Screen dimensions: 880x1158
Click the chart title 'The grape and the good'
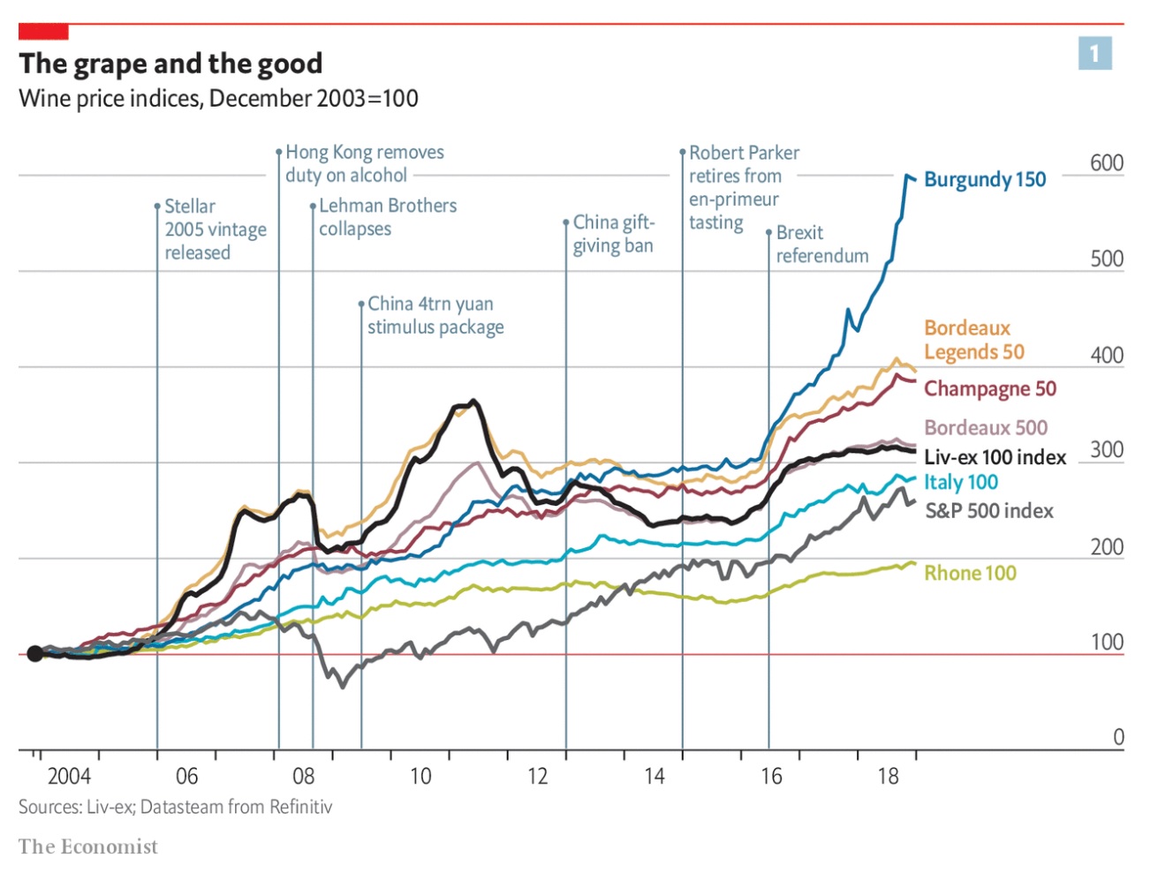pyautogui.click(x=170, y=64)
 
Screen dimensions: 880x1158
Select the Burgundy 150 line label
pyautogui.click(x=984, y=179)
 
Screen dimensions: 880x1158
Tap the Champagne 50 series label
pyautogui.click(x=989, y=388)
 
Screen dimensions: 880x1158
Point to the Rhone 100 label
pyautogui.click(x=970, y=573)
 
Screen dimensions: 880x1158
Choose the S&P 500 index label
pyautogui.click(x=988, y=510)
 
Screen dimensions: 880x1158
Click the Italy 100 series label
pyautogui.click(x=960, y=482)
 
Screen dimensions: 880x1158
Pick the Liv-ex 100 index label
pyautogui.click(x=995, y=457)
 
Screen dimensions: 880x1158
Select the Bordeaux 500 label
pyautogui.click(x=985, y=428)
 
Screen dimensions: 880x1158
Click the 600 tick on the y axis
pyautogui.click(x=1106, y=163)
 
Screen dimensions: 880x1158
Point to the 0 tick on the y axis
pyautogui.click(x=1118, y=737)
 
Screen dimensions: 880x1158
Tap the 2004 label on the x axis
pyautogui.click(x=69, y=776)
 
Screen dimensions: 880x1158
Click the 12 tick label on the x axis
pyautogui.click(x=537, y=776)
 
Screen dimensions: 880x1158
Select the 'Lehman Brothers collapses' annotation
pyautogui.click(x=387, y=217)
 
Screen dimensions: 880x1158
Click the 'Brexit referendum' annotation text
pyautogui.click(x=821, y=244)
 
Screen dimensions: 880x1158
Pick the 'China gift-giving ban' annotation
pyautogui.click(x=613, y=234)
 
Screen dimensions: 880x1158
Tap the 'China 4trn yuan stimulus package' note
pyautogui.click(x=435, y=315)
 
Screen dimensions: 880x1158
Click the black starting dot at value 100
pyautogui.click(x=34, y=653)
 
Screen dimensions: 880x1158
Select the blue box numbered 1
pyautogui.click(x=1094, y=54)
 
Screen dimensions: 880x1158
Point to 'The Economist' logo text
pyautogui.click(x=87, y=846)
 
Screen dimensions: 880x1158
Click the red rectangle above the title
pyautogui.click(x=43, y=33)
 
